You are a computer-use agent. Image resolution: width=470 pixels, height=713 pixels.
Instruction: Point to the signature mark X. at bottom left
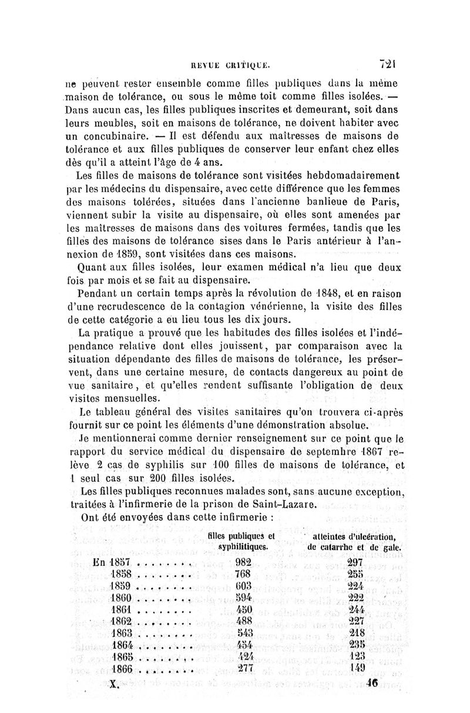tap(115, 684)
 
